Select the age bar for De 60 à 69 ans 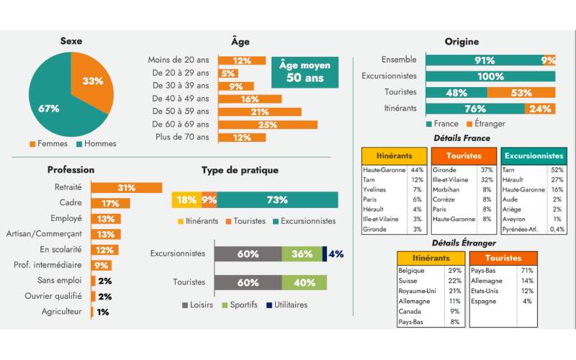(267, 125)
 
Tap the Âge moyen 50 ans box (305, 71)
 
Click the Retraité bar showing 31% (126, 188)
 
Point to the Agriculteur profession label (61, 312)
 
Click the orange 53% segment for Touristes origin (521, 93)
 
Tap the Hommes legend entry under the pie (95, 144)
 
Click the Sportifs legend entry (246, 305)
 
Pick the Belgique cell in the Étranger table (413, 270)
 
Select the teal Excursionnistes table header (534, 155)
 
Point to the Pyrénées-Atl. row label (521, 229)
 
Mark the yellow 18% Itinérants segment (186, 199)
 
